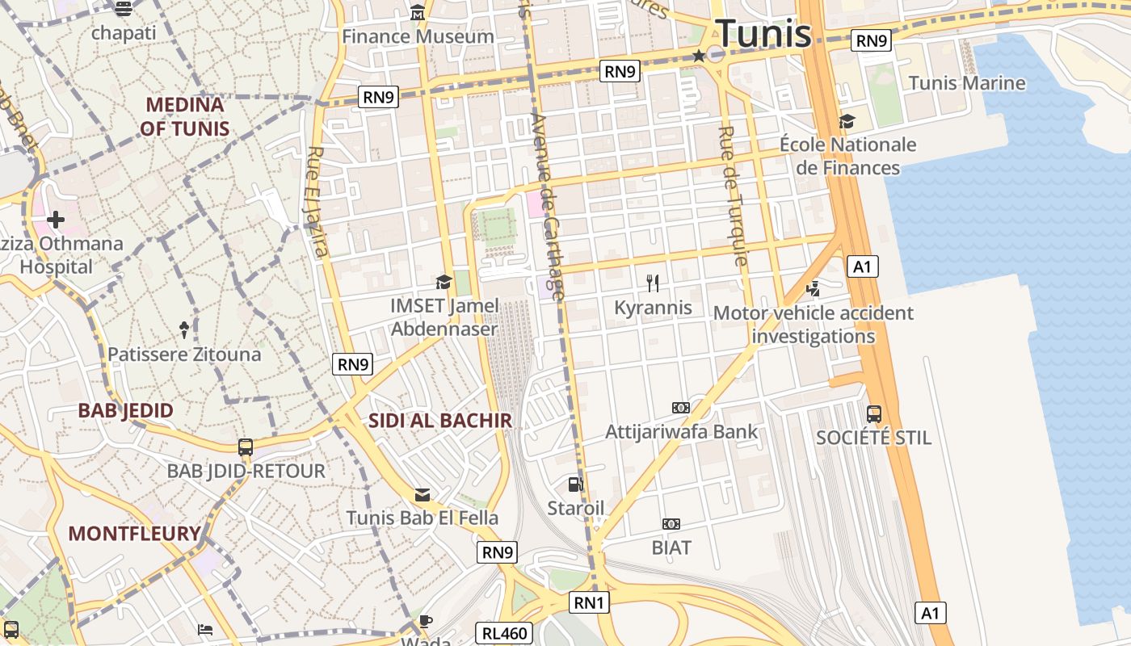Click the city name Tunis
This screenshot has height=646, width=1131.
763,34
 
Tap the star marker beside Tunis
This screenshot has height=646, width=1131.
699,55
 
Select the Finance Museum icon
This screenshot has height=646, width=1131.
418,13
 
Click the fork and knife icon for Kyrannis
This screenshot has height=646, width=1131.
653,283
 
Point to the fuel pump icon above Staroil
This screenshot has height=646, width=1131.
575,484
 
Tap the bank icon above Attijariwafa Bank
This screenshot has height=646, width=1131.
681,408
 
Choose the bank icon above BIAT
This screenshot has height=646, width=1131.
671,524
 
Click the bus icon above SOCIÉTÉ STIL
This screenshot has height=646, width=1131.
873,414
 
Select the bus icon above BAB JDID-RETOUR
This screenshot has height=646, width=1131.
246,447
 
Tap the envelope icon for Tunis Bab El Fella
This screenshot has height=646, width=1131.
423,495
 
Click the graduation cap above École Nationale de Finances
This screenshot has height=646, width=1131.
847,121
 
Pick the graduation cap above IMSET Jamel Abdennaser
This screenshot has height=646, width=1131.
444,282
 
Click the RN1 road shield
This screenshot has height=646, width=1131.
589,602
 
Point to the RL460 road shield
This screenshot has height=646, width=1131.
504,633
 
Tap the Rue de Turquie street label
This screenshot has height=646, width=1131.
733,195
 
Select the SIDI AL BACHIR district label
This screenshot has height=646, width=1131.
440,421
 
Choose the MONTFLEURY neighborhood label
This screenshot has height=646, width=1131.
134,534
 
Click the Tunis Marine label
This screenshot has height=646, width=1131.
967,83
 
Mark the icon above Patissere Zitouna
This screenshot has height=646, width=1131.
184,329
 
